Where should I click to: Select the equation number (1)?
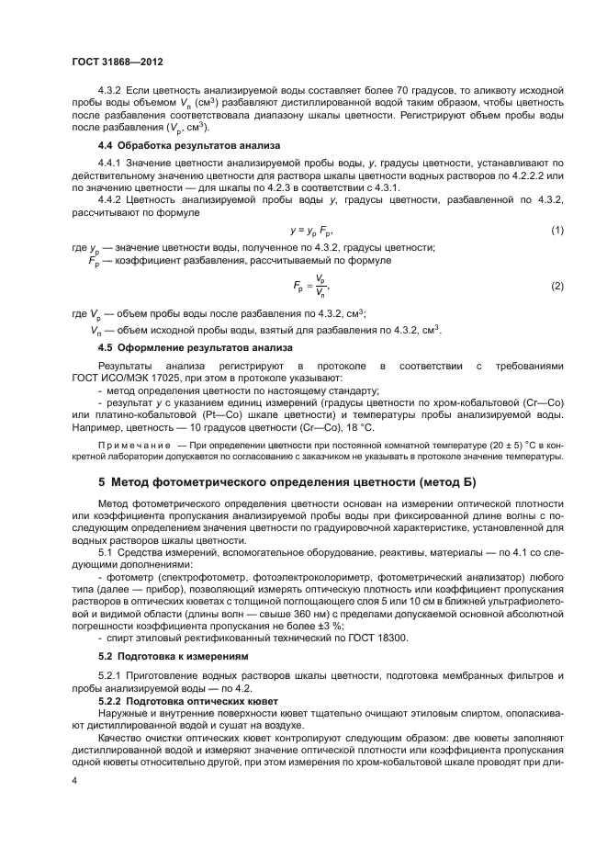point(556,229)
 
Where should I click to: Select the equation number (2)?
point(556,287)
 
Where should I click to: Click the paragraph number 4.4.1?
point(112,163)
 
